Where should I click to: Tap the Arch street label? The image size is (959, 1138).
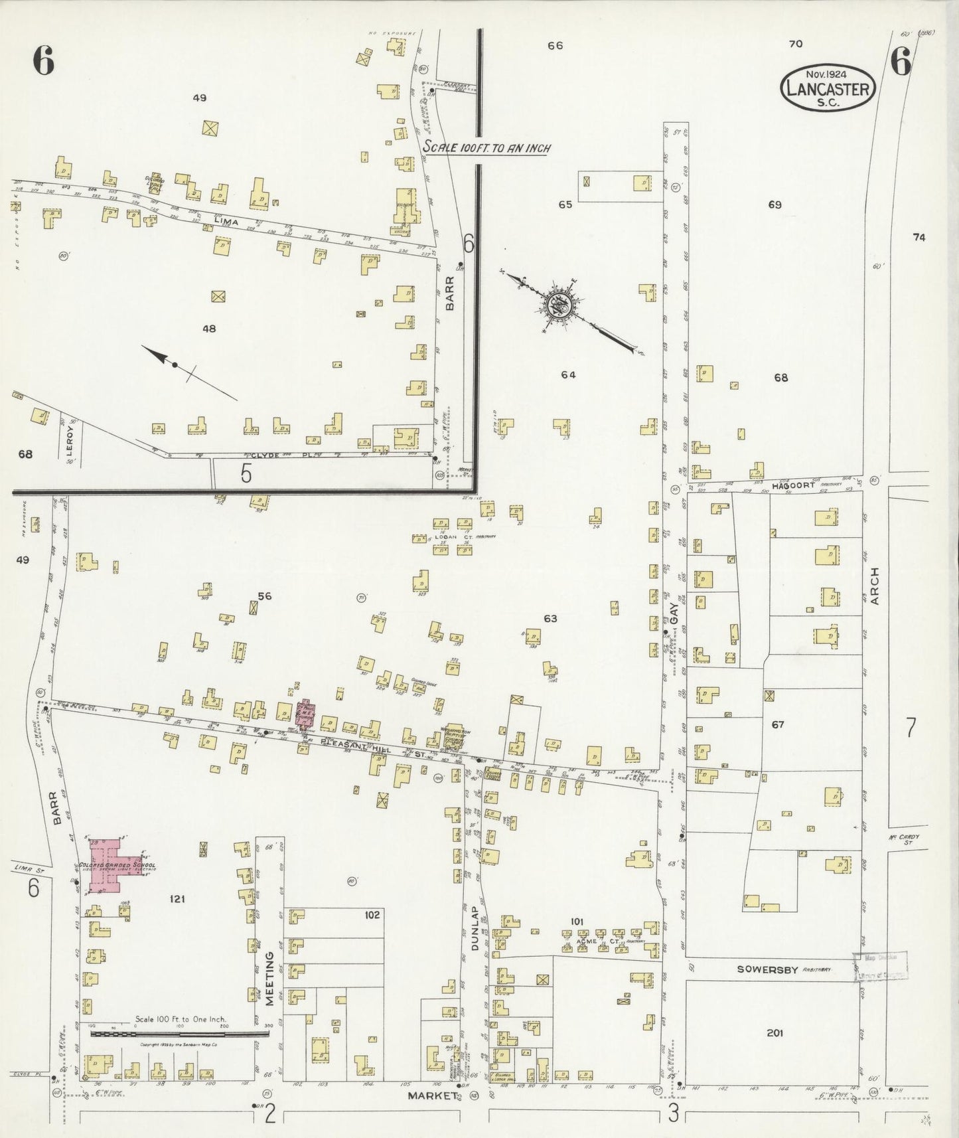(874, 586)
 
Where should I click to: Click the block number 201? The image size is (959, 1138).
(775, 1032)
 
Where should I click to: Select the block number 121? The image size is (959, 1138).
(177, 899)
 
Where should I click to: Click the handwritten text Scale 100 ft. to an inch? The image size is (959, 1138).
(486, 148)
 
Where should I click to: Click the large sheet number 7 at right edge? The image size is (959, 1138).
(911, 728)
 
